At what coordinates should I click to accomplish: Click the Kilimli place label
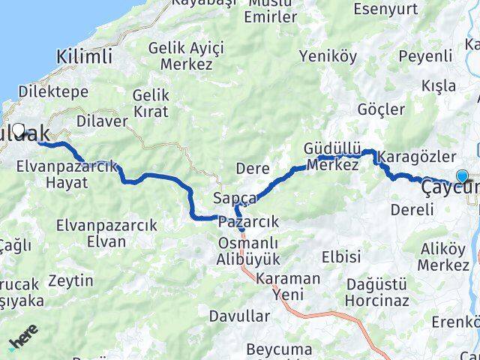click(85, 55)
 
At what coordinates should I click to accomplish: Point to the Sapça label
click(235, 199)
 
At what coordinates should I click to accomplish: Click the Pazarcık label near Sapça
click(248, 222)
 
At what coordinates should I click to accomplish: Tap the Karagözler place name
click(417, 157)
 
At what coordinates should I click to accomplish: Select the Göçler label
click(382, 109)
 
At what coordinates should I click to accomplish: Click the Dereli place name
click(412, 210)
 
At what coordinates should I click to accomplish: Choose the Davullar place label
click(239, 316)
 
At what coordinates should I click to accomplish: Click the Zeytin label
click(70, 281)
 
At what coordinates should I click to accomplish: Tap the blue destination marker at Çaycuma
click(462, 177)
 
